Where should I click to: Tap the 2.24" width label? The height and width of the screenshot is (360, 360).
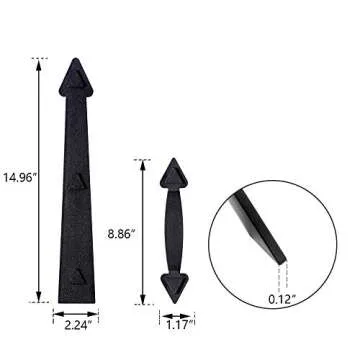click(76, 325)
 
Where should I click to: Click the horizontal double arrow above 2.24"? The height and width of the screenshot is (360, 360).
click(76, 311)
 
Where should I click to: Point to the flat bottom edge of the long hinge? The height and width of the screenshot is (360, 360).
click(76, 300)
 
